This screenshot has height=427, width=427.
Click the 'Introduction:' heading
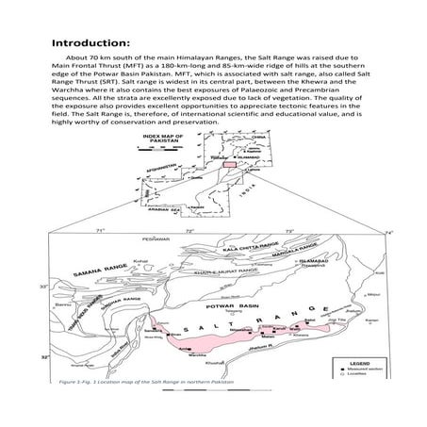point(90,42)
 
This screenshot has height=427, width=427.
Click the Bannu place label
point(62,304)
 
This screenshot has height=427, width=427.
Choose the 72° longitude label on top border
point(189,230)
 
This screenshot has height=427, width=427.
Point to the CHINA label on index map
point(249,139)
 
